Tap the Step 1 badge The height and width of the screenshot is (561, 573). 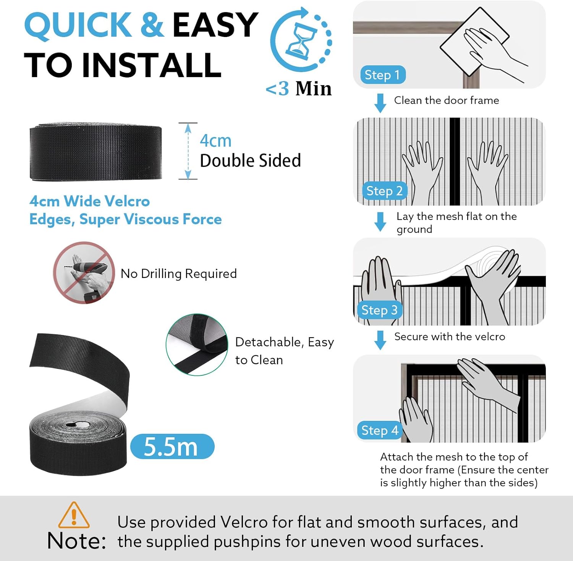(383, 75)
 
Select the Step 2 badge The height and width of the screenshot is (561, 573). (384, 191)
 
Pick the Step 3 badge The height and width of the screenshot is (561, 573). (379, 310)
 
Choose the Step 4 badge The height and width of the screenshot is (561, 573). (380, 430)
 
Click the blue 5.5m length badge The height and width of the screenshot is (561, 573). (172, 446)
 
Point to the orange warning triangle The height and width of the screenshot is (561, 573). (74, 515)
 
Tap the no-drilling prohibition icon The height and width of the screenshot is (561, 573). (84, 272)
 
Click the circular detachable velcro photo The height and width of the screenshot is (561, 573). (197, 345)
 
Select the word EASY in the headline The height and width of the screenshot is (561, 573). (215, 25)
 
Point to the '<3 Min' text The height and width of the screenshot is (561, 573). (299, 89)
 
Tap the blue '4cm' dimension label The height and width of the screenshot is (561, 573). (216, 141)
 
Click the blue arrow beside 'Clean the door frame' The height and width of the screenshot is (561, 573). (380, 103)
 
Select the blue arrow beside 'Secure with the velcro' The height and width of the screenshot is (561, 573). (380, 340)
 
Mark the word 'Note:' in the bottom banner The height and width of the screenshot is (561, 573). (76, 541)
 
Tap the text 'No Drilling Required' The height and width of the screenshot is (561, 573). (179, 273)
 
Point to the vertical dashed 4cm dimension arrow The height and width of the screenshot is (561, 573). (188, 151)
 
